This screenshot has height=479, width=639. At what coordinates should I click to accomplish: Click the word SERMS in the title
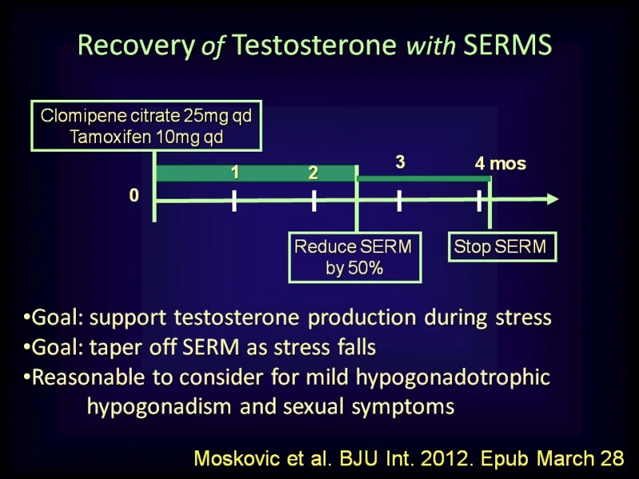click(x=508, y=45)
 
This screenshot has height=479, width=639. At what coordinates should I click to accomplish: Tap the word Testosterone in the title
click(x=314, y=45)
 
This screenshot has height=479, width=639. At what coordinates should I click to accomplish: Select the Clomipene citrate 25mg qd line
click(x=146, y=116)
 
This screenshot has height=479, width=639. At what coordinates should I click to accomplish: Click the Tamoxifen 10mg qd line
click(x=146, y=137)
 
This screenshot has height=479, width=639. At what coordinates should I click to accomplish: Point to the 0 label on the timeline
click(x=133, y=196)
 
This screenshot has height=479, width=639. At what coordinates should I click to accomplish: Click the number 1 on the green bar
click(x=235, y=172)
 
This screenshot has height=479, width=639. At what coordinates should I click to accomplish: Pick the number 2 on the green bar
click(x=313, y=172)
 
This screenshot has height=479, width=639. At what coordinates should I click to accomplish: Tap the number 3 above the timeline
click(x=400, y=162)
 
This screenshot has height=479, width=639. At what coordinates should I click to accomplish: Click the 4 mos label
click(x=501, y=164)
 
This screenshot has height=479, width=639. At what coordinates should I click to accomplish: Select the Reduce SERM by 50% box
click(x=355, y=257)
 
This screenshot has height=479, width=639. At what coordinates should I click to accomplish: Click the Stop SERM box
click(x=502, y=247)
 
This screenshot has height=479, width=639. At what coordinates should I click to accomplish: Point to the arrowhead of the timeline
click(x=553, y=199)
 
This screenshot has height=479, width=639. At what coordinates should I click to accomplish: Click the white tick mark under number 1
click(x=234, y=200)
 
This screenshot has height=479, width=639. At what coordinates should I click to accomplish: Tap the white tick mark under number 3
click(x=399, y=200)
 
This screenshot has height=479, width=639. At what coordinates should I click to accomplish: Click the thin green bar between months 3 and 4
click(x=424, y=179)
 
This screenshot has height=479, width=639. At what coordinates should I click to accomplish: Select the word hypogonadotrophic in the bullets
click(x=453, y=378)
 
